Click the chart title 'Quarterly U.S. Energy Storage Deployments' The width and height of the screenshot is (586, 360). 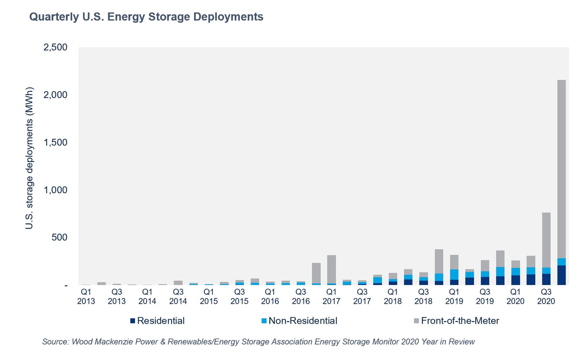(146, 17)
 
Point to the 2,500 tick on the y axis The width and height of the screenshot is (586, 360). (55, 47)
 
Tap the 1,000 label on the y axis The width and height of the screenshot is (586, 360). (55, 190)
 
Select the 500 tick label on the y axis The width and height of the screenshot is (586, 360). (59, 238)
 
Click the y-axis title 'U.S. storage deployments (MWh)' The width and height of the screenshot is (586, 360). (29, 158)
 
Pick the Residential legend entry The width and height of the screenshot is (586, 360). (158, 321)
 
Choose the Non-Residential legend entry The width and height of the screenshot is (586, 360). (299, 321)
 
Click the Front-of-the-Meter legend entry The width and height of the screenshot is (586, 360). (456, 321)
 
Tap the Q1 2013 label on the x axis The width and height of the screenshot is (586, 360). (86, 296)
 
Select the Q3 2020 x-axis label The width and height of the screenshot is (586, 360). (546, 296)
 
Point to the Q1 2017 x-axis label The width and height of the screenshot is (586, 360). (331, 296)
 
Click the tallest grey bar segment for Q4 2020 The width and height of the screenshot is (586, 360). (561, 169)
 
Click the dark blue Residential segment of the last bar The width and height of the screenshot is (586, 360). (561, 275)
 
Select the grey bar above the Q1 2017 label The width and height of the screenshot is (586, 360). (331, 269)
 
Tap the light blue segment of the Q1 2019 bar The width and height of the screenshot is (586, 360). (454, 275)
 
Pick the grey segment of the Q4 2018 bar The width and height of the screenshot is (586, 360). (439, 261)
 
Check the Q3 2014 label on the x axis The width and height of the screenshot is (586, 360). (178, 296)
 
